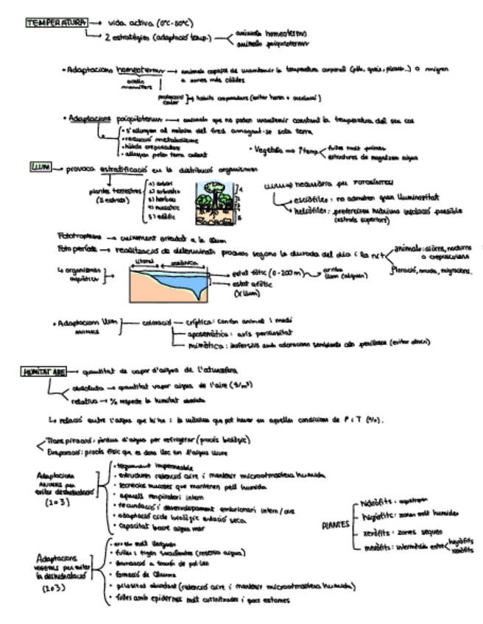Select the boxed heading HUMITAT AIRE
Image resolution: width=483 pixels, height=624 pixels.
(x=44, y=372)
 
